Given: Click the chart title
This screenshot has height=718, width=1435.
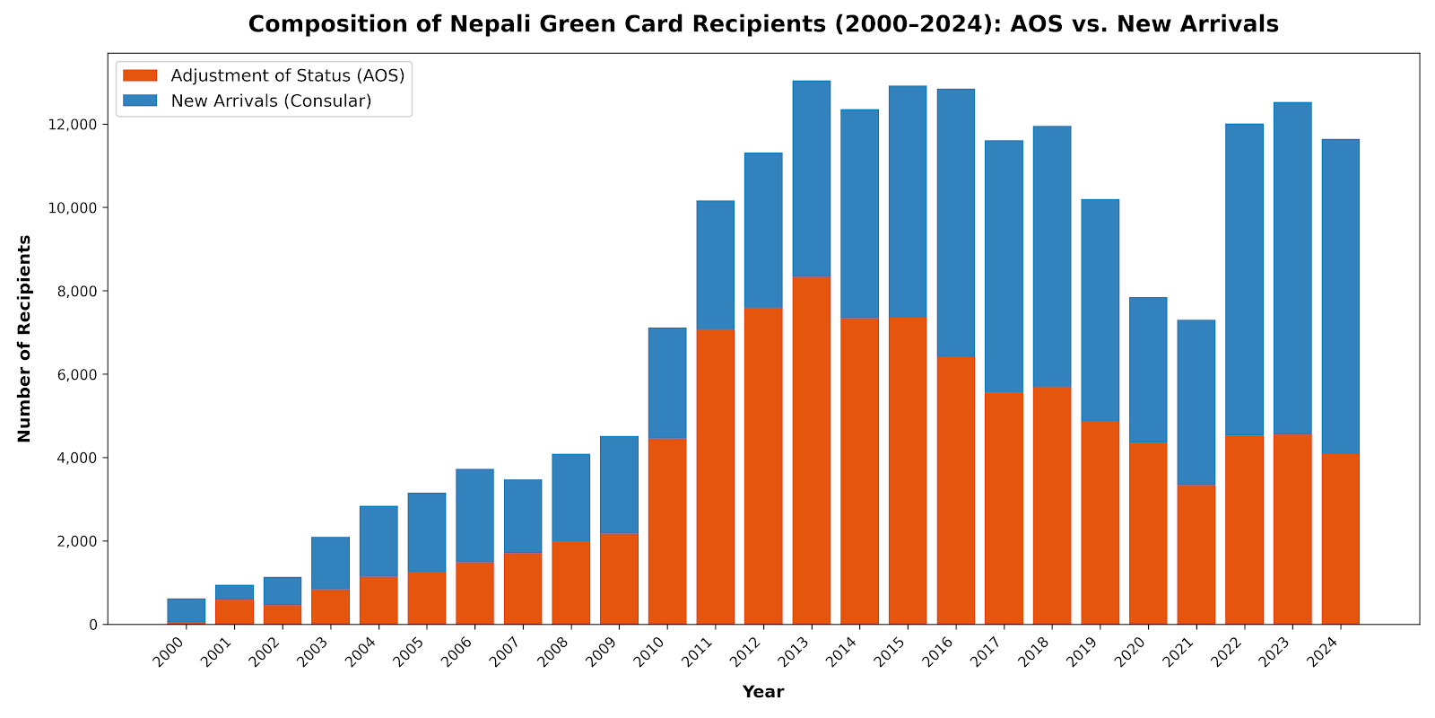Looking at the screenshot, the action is [763, 24].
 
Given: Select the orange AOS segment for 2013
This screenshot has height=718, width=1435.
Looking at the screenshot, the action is [811, 451].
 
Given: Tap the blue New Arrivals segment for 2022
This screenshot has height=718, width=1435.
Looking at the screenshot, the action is [1244, 279].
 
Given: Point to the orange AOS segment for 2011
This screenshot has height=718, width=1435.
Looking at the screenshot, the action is [715, 477].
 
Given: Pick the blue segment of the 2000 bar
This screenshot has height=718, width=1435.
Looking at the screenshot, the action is [187, 610].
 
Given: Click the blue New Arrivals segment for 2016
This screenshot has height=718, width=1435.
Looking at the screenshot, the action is [956, 223].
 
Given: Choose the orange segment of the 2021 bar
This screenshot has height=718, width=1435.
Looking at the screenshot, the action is [1196, 555].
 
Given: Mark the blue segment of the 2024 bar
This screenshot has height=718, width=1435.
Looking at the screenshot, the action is [1341, 297].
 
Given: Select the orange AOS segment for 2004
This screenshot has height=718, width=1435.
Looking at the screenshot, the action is [378, 600].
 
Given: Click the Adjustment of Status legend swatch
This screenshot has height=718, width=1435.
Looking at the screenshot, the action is [140, 75].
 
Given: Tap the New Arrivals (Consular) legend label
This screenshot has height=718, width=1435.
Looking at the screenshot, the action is [271, 101].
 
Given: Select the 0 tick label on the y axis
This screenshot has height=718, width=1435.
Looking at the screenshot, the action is [93, 625].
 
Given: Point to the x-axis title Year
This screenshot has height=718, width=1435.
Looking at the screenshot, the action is [763, 692].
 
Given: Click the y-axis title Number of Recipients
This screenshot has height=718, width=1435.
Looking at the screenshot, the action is [24, 338].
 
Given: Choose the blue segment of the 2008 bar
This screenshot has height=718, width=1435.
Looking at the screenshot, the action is [570, 498].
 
